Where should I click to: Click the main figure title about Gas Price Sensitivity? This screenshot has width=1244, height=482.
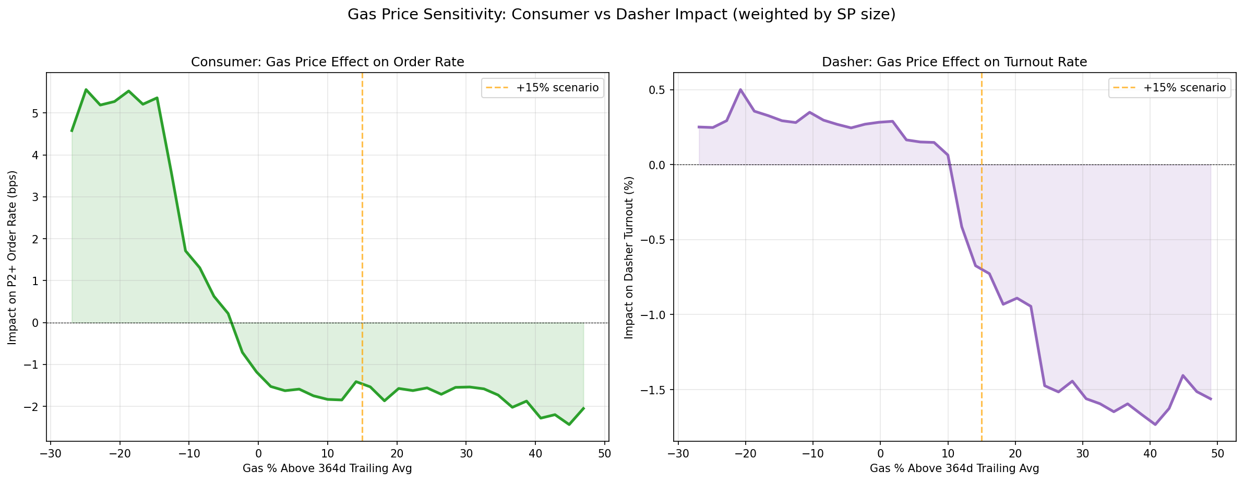[x=621, y=15]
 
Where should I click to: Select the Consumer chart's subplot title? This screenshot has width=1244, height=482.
[x=327, y=62]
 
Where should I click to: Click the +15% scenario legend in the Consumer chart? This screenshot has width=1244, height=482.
[x=543, y=88]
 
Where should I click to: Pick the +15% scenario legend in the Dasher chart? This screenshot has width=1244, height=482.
[x=1170, y=88]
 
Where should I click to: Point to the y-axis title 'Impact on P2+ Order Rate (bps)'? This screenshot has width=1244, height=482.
[x=12, y=257]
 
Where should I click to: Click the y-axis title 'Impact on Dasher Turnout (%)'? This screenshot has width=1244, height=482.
[x=629, y=257]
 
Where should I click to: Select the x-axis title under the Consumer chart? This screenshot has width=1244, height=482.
[x=327, y=468]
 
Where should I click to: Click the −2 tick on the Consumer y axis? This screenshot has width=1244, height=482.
[x=33, y=407]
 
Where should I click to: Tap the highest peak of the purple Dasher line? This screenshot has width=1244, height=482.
[x=740, y=89]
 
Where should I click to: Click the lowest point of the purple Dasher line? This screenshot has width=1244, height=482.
[x=1155, y=425]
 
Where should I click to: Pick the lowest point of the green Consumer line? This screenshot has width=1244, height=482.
[x=569, y=425]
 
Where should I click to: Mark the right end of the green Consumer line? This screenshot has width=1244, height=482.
[x=584, y=408]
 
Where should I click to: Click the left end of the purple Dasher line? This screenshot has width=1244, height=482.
[x=699, y=127]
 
